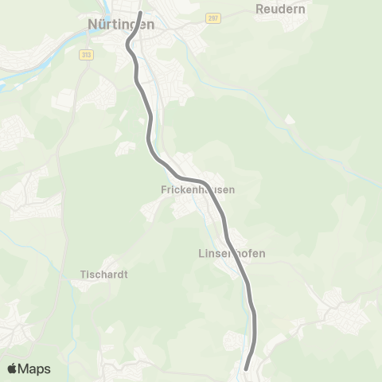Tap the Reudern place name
282,10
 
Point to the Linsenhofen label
231,254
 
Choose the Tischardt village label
104,274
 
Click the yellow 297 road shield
212,18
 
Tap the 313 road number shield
86,54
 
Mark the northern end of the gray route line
140,13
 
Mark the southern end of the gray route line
246,368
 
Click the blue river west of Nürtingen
32,70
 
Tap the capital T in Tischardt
84,274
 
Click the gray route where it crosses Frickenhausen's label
209,191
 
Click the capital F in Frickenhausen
163,191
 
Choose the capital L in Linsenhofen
200,254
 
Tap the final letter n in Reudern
303,10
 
